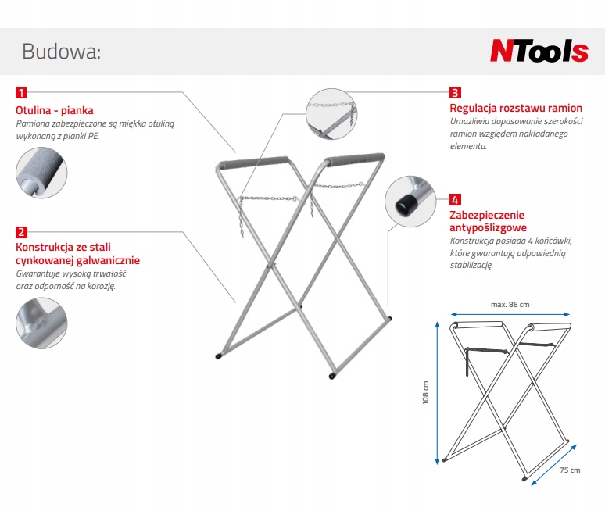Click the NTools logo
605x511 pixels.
539,52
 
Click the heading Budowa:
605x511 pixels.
62,52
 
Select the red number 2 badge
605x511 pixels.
23,232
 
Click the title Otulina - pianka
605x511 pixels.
55,111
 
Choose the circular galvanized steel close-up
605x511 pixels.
41,323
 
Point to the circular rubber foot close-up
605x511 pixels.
410,200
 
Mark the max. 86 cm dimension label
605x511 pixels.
510,303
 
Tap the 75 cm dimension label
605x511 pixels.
571,470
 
